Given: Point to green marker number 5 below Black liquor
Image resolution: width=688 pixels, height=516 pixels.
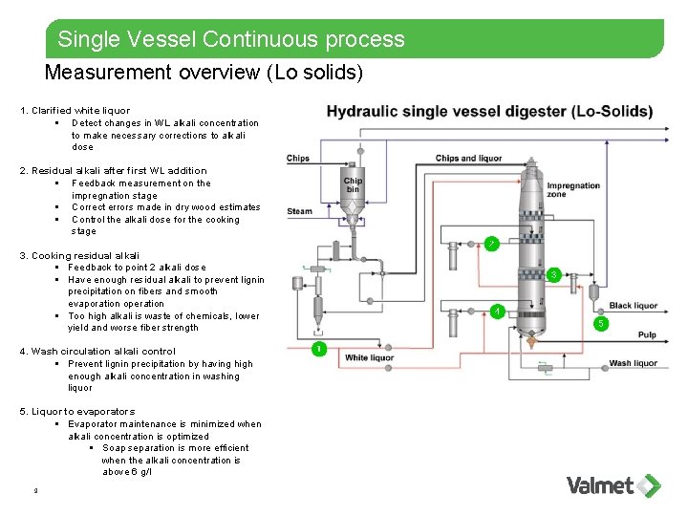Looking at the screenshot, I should pos(601,323).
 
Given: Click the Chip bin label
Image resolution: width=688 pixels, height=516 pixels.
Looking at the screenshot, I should pos(353,185).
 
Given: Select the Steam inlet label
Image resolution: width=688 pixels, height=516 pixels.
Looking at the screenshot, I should pos(299,211).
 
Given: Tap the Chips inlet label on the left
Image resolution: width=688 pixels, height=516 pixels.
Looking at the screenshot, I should pos(298,159).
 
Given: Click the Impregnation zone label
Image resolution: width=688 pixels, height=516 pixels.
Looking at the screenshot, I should pos(573,190).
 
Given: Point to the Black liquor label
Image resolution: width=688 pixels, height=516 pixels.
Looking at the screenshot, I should pos(633,306).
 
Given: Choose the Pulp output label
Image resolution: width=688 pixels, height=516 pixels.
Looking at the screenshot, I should pos(647,335).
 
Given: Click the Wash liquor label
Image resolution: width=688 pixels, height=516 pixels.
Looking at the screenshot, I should pos(633,363).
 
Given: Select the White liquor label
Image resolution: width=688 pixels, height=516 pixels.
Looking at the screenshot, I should pos(369,358).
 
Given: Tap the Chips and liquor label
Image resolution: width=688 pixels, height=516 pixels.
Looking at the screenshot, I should pos(468,159).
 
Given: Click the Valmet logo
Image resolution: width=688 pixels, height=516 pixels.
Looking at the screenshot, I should pos(613,484).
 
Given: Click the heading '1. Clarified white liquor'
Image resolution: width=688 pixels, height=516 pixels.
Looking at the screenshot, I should pos(75,111).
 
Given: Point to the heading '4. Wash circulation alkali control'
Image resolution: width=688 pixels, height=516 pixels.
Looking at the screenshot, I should pos(97,352).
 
